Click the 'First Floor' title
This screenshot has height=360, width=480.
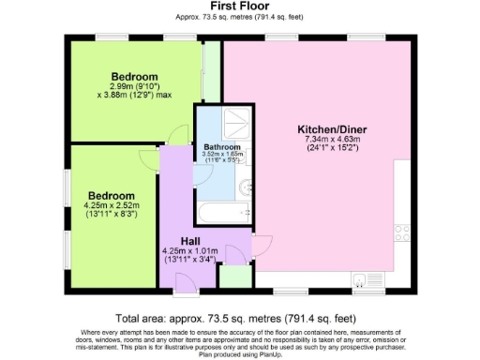[x=240, y=6]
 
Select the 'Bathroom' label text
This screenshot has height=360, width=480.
[x=222, y=148]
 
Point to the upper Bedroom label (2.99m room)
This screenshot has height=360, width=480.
[x=134, y=76]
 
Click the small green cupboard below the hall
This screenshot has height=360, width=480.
[x=233, y=276]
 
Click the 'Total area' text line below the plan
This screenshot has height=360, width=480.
[x=240, y=318]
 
